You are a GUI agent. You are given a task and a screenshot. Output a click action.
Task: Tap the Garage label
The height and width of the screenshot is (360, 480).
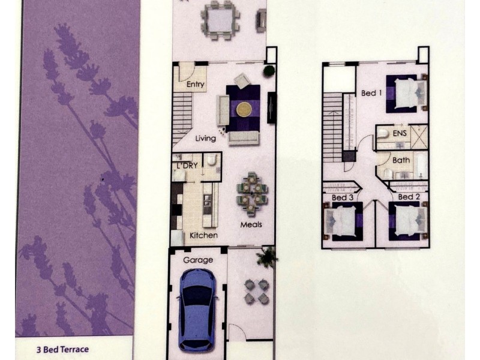(197, 260)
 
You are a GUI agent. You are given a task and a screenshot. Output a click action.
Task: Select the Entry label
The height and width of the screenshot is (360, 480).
(196, 85)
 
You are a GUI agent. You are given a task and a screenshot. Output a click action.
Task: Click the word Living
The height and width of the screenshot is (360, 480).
(205, 139)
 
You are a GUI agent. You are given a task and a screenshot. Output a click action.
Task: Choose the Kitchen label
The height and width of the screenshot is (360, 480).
(203, 235)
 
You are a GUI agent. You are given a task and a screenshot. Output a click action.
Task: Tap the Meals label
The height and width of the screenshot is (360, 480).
(250, 225)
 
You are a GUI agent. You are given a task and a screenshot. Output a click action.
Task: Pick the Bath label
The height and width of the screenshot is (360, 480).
(401, 160)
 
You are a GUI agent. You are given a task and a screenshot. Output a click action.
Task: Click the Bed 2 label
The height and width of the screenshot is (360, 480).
(409, 197)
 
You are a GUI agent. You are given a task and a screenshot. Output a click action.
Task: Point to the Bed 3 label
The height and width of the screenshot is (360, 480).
(343, 197)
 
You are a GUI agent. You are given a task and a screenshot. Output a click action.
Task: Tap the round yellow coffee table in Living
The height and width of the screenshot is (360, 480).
(244, 109)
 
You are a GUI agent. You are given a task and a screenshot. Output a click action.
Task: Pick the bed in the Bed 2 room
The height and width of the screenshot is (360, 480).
(409, 221)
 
